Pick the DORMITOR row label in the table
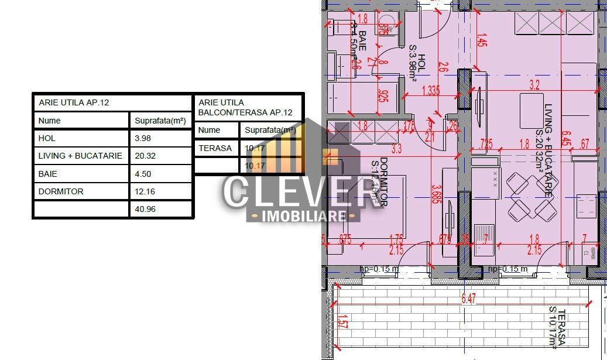(x=61, y=191)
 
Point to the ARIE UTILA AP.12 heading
(x=74, y=102)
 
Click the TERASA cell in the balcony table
(x=215, y=148)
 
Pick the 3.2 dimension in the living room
(x=534, y=85)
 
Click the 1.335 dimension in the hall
(x=430, y=90)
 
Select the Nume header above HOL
(x=49, y=121)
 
